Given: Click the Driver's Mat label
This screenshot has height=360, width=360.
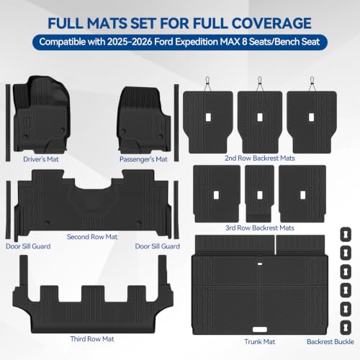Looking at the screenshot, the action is pyautogui.click(x=41, y=159).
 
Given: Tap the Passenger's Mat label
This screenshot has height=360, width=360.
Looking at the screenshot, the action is pyautogui.click(x=143, y=159).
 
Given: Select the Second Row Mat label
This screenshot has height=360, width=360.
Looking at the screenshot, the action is pyautogui.click(x=92, y=237).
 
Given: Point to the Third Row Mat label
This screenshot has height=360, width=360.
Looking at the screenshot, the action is pyautogui.click(x=92, y=339).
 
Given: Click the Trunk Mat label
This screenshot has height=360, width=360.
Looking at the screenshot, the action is pyautogui.click(x=260, y=341).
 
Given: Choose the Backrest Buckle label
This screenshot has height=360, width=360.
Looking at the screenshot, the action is pyautogui.click(x=330, y=341).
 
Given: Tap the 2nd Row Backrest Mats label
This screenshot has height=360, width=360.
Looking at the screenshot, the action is pyautogui.click(x=260, y=158).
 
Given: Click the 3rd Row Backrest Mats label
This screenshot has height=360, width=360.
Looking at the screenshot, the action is pyautogui.click(x=260, y=228).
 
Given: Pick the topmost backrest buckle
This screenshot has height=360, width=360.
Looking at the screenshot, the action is pyautogui.click(x=346, y=235).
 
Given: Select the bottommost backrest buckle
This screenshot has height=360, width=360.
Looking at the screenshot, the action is pyautogui.click(x=346, y=328).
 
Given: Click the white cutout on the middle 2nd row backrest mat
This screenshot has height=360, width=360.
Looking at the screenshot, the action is pyautogui.click(x=260, y=117).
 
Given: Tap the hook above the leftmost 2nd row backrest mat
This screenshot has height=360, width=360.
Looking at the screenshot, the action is pyautogui.click(x=207, y=84).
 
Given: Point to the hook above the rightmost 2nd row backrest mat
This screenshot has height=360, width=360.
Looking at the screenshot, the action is pyautogui.click(x=312, y=84).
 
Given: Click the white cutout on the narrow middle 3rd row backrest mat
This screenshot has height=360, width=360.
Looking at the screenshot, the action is pyautogui.click(x=260, y=195).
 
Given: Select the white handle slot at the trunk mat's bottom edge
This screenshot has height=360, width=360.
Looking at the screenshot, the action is pyautogui.click(x=260, y=330).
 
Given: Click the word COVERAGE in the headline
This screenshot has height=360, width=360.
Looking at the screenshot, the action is pyautogui.click(x=271, y=23).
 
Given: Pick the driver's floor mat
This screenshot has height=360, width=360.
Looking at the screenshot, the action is pyautogui.click(x=41, y=114).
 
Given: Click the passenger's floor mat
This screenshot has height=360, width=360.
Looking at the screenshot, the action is pyautogui.click(x=144, y=120).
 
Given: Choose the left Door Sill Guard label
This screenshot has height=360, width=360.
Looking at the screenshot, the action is pyautogui.click(x=28, y=246).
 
